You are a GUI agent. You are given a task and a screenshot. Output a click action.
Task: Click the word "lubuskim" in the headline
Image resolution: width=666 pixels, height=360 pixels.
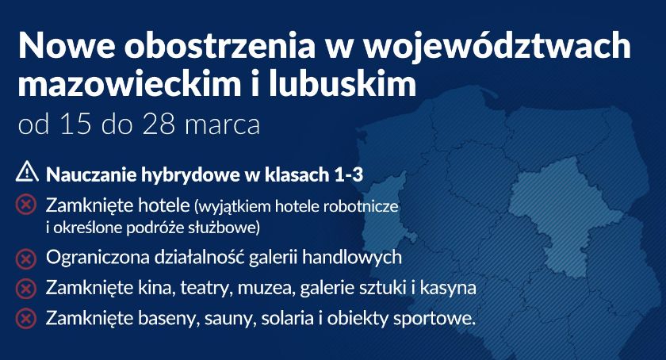coord(343,82)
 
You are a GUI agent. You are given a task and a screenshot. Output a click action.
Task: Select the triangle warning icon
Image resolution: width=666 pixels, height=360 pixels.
coord(27,172)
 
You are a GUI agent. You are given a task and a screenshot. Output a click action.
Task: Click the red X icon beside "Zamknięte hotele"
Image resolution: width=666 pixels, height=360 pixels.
coord(26,205)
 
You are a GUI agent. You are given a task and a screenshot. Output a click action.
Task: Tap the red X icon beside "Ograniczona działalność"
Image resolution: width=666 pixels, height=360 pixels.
coord(26,259)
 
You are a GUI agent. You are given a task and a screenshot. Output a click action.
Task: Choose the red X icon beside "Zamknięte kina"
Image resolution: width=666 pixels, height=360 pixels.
coord(26,289)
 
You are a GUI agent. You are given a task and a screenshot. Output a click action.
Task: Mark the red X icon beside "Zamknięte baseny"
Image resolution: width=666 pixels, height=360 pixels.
coord(26,318)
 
